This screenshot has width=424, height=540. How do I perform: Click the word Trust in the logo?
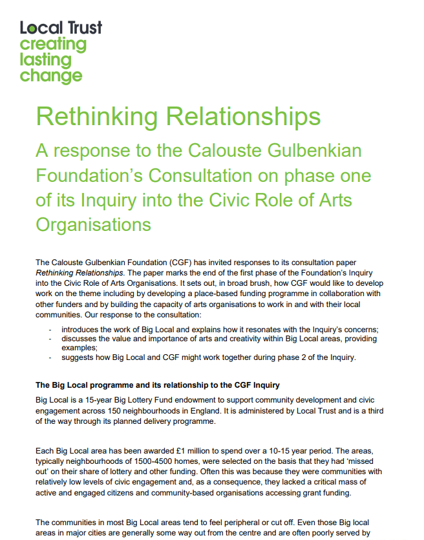(83, 28)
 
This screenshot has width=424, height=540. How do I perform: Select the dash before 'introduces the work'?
(50, 329)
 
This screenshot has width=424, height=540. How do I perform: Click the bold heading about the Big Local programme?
(158, 385)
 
